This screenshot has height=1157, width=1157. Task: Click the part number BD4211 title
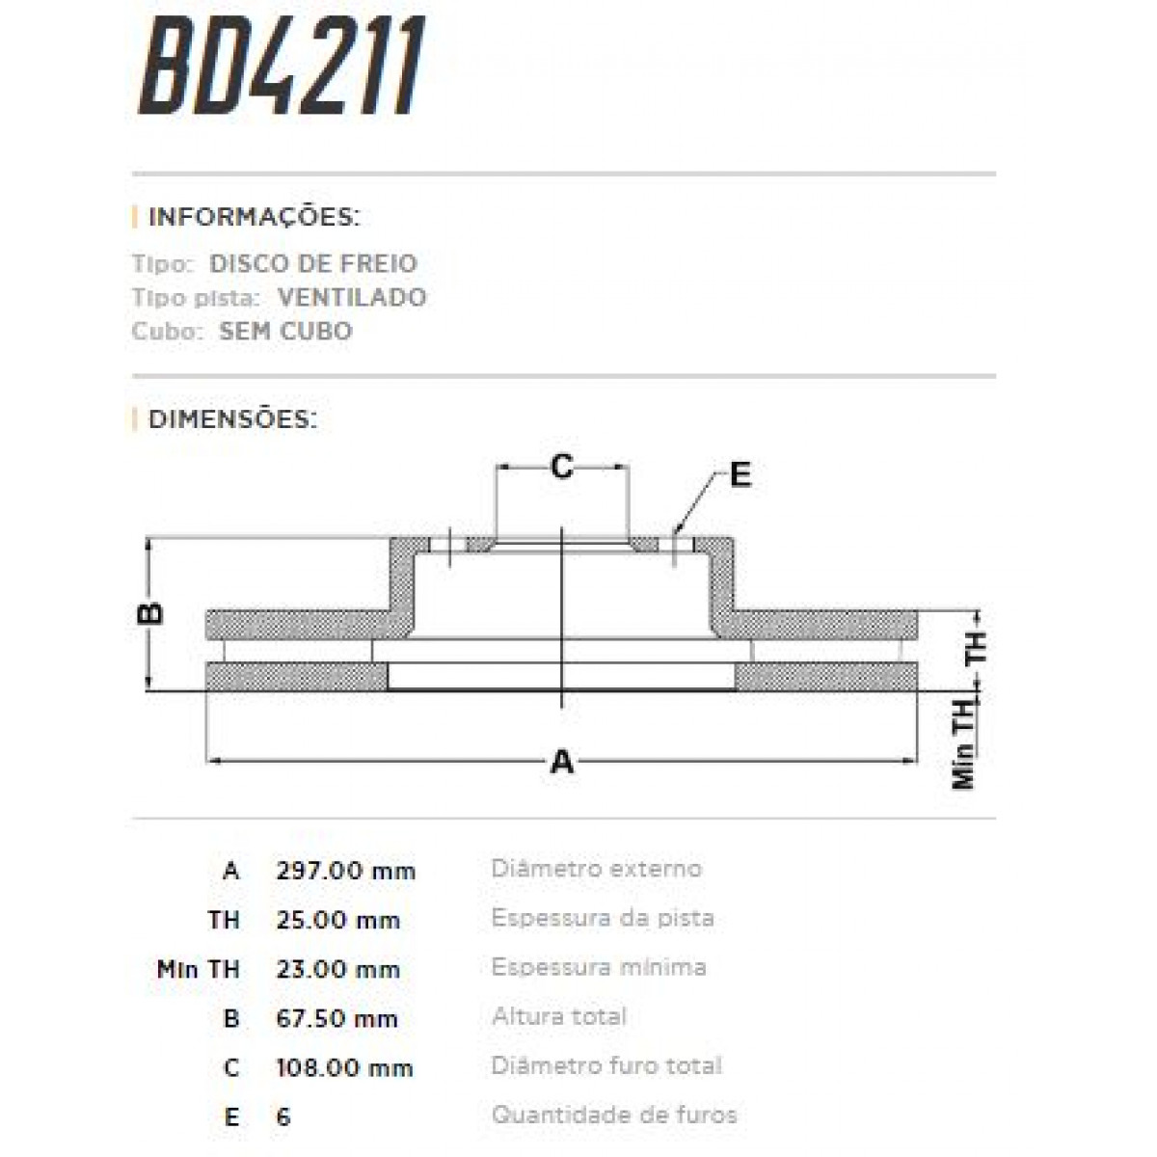(282, 67)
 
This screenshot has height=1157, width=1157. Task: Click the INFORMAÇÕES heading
(253, 217)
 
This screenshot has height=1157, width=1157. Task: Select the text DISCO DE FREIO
(312, 263)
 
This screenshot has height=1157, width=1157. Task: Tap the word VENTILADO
(351, 297)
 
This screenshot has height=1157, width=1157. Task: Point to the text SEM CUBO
(285, 331)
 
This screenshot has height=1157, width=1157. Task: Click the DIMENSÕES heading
(232, 419)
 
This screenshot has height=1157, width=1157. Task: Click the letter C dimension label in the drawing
(561, 467)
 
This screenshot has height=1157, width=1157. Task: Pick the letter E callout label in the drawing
(740, 474)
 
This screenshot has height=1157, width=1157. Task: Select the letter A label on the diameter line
(561, 763)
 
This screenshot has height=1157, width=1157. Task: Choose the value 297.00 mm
(345, 871)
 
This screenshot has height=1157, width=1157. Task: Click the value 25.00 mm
(337, 920)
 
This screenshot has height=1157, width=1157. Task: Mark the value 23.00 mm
(337, 969)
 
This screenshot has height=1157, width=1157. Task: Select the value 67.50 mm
(336, 1018)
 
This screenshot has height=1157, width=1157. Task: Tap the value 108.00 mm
(344, 1067)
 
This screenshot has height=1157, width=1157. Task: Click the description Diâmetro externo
(596, 868)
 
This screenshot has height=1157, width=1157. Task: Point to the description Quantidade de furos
(613, 1116)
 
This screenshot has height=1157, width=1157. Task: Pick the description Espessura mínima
(598, 966)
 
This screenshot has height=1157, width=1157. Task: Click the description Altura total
(558, 1015)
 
